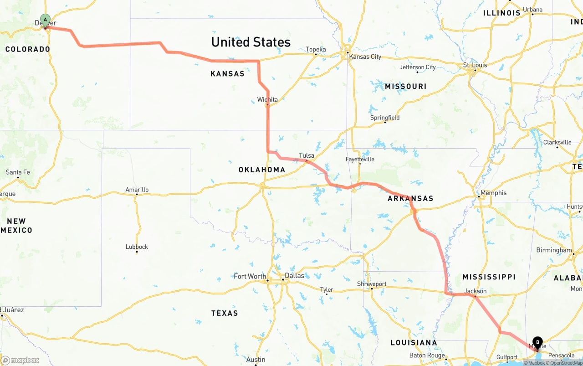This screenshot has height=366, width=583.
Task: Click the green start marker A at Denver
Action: (45, 19)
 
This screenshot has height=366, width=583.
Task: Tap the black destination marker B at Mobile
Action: (537, 342)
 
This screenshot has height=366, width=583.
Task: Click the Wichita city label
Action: (267, 99)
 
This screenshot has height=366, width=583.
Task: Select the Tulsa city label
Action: (307, 155)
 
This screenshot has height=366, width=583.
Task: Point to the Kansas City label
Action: (365, 57)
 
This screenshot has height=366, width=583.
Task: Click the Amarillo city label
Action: (137, 190)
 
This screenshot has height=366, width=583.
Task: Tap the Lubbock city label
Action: (137, 247)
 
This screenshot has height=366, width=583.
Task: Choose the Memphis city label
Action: (493, 193)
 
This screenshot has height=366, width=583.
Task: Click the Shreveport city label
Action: (372, 284)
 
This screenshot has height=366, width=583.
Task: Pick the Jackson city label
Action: (476, 291)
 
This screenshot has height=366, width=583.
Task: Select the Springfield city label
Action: (385, 118)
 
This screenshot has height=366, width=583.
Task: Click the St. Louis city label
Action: (475, 65)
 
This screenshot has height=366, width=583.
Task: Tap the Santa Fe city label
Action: (18, 172)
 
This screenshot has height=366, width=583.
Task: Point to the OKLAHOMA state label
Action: (262, 170)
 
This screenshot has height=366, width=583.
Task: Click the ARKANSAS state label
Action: (410, 198)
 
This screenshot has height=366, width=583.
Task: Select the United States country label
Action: (251, 42)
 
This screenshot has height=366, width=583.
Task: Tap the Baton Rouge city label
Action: (427, 355)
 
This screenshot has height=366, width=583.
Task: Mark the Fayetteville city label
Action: (360, 159)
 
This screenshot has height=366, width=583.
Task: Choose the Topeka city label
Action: (316, 49)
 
